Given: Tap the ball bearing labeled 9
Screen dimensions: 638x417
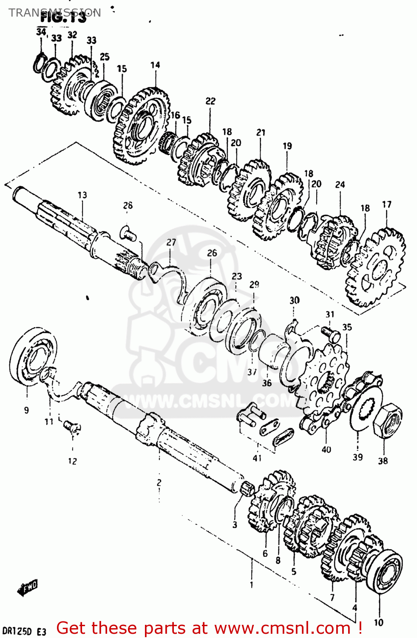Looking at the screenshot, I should pos(32,356).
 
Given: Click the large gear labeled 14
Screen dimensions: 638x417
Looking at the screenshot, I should pos(142,125).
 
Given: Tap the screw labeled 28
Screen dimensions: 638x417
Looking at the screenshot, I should pos(128,233).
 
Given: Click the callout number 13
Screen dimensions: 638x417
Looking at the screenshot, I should pos(82,195).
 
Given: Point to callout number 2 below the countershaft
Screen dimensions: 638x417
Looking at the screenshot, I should pos(159,482).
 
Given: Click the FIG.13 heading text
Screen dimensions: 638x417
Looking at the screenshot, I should pos(63,18).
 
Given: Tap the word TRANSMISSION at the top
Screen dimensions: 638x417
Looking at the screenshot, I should pos(55,12).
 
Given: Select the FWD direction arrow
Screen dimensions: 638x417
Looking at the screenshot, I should pos(27,587).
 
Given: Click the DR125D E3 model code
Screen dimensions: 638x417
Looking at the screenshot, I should pos(24,631).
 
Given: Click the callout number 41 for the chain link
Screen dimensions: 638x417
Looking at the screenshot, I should pos(257,458).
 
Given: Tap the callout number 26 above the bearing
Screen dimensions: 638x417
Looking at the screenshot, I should pos(212,253).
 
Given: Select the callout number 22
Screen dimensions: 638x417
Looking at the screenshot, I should pos(210,101).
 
